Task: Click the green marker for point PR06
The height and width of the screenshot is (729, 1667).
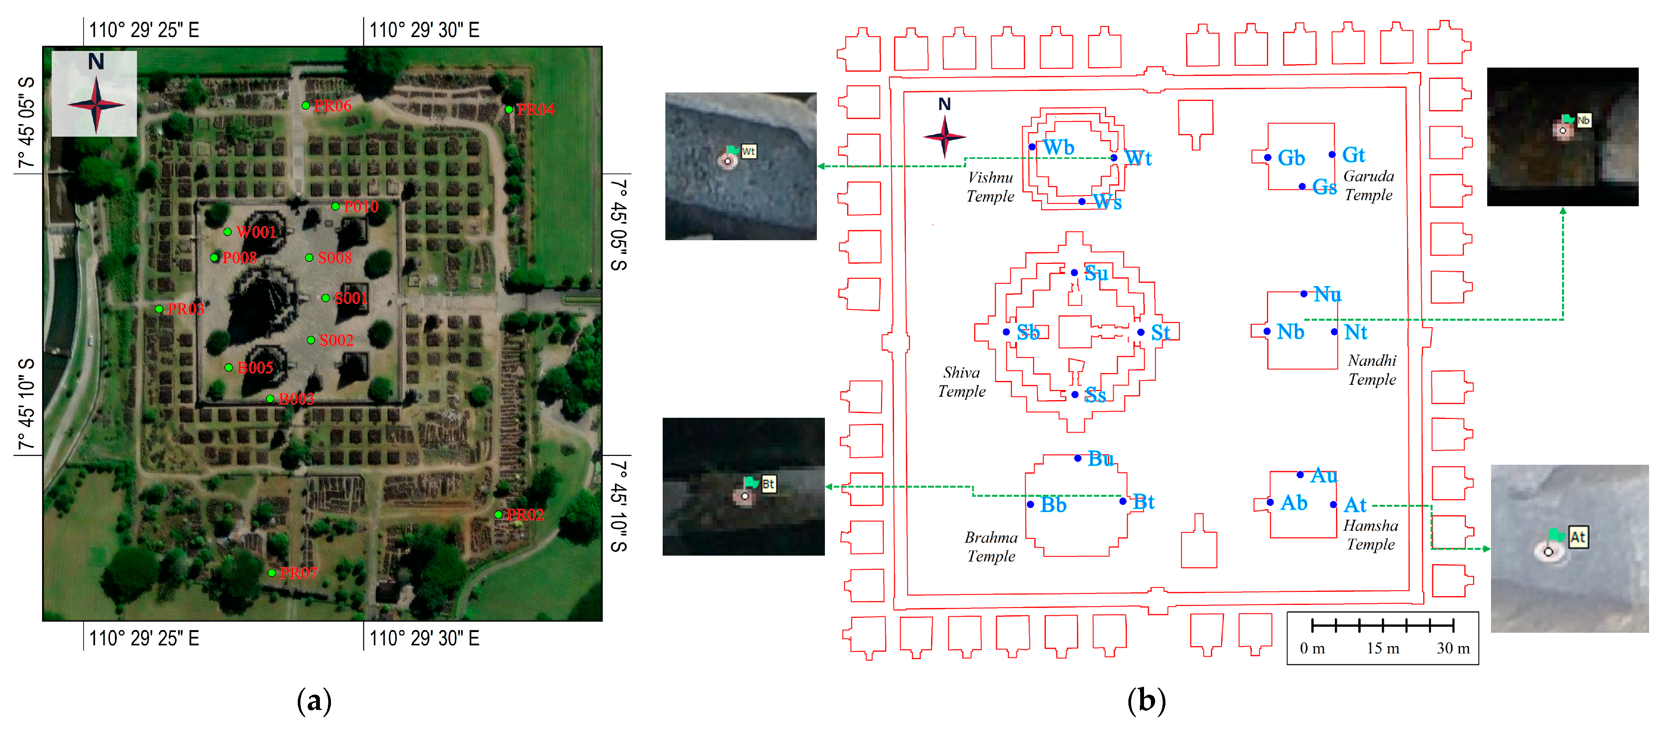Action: pyautogui.click(x=305, y=105)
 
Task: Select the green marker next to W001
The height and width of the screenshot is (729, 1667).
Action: pyautogui.click(x=227, y=232)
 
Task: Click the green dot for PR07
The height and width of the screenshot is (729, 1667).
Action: pyautogui.click(x=272, y=572)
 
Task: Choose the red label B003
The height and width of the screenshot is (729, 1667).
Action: pyautogui.click(x=296, y=399)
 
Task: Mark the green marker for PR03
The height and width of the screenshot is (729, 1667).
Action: pyautogui.click(x=159, y=309)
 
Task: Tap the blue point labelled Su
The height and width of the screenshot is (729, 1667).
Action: pyautogui.click(x=1074, y=273)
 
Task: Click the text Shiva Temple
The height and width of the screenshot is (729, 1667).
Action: pyautogui.click(x=962, y=382)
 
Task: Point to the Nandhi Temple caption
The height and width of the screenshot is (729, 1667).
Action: pyautogui.click(x=1372, y=370)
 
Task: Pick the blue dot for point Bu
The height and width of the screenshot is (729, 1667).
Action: pyautogui.click(x=1078, y=458)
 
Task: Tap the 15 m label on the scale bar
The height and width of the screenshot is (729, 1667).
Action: pyautogui.click(x=1383, y=648)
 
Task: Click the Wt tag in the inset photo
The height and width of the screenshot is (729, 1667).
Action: pyautogui.click(x=749, y=152)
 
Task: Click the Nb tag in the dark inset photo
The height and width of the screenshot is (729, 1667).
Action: pyautogui.click(x=1583, y=120)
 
